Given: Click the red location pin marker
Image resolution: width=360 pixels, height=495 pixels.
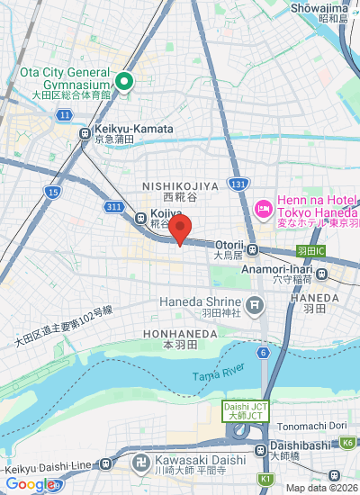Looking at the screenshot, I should click(180, 230).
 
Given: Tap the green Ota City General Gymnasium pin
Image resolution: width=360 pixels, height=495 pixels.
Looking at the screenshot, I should click(123, 83).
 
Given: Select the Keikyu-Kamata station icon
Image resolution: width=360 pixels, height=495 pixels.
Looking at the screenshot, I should click(85, 134).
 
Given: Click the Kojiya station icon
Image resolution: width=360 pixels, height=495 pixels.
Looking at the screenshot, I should click(140, 217).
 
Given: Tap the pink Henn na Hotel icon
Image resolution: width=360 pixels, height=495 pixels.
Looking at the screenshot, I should click(264, 209).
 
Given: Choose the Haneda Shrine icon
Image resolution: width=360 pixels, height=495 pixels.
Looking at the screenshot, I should click(256, 307).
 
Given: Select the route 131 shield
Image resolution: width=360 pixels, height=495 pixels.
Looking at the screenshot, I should click(238, 184).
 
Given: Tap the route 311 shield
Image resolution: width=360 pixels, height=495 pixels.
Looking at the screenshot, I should click(113, 206).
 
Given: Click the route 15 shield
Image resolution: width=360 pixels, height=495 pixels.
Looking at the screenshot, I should click(53, 192).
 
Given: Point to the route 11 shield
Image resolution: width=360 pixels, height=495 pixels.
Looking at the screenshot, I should click(65, 115).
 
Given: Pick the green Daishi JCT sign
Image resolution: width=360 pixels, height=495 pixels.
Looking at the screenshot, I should click(241, 411).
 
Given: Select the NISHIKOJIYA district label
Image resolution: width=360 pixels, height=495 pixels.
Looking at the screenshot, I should click(180, 185).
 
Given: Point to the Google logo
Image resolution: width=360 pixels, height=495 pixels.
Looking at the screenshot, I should click(28, 484).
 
